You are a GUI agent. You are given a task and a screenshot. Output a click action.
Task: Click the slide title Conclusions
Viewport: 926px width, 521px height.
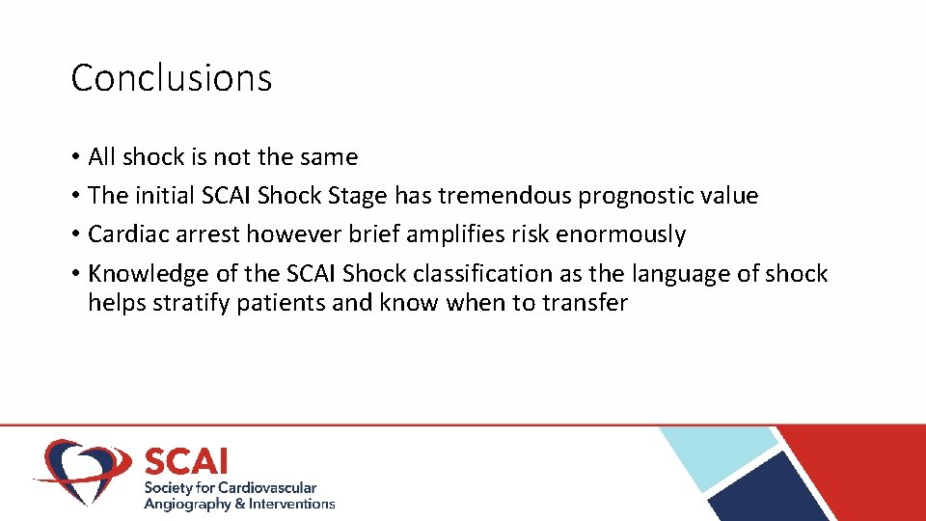pos(172,78)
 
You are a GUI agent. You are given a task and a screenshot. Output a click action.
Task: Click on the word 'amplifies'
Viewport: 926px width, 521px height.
pos(456,234)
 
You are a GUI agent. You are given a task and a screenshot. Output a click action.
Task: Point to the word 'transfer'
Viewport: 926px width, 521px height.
pos(585,303)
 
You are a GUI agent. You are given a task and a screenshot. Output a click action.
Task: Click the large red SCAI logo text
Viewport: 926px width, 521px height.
pos(186,460)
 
